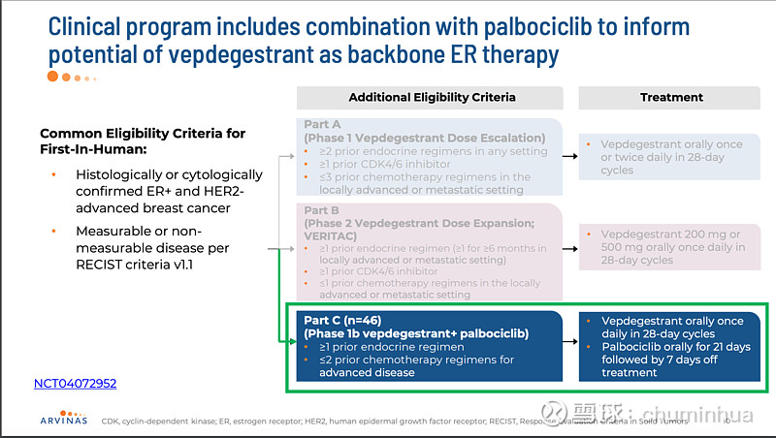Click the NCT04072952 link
pyautogui.click(x=74, y=384)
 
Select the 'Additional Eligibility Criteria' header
pyautogui.click(x=432, y=97)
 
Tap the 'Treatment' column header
pyautogui.click(x=671, y=97)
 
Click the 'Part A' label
pyautogui.click(x=322, y=125)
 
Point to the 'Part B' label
pyautogui.click(x=322, y=209)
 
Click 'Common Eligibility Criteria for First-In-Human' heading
pyautogui.click(x=143, y=141)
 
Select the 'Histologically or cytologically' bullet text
pyautogui.click(x=169, y=174)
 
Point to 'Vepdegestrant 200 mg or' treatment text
pyautogui.click(x=670, y=235)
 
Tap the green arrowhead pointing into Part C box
pyautogui.click(x=290, y=341)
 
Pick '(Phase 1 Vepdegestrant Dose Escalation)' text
pyautogui.click(x=425, y=138)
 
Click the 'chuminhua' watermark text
pyautogui.click(x=702, y=416)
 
